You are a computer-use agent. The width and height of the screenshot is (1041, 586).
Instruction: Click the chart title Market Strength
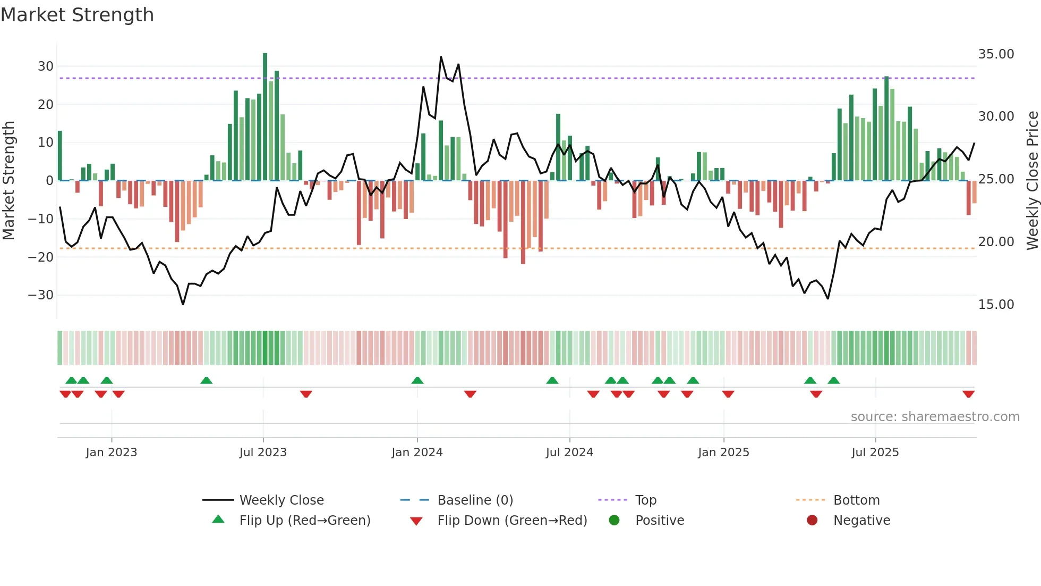[77, 15]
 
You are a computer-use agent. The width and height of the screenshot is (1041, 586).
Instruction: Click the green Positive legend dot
[615, 520]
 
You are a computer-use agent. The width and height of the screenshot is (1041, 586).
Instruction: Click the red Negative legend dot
[812, 520]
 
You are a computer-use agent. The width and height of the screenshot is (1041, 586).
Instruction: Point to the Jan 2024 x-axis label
[417, 453]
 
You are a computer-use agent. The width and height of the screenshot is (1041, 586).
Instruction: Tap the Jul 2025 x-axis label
[875, 453]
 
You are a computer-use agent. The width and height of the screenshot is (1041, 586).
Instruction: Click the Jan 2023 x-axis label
[112, 453]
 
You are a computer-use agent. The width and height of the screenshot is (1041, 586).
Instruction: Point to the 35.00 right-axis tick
[996, 54]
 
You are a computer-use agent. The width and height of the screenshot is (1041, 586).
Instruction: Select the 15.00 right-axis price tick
[996, 305]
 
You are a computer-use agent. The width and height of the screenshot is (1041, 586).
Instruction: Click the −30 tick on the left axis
[41, 295]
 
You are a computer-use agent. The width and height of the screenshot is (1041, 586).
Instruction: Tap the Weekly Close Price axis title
[1032, 181]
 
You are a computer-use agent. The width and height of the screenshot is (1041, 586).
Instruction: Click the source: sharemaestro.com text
[935, 417]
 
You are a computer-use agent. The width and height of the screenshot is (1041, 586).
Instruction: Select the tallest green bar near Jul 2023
[265, 117]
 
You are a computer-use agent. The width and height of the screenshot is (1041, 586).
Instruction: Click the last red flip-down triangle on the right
[968, 394]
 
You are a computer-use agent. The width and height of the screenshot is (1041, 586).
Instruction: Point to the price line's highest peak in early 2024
[441, 57]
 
